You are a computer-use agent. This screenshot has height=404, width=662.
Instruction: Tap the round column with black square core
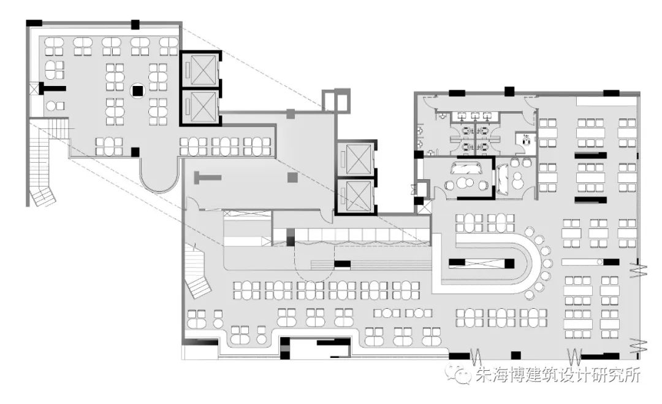(x=137, y=91)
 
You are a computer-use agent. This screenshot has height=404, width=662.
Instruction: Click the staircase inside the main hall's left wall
(x=198, y=270)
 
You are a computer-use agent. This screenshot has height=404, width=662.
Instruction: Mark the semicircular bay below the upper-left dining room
(x=159, y=175)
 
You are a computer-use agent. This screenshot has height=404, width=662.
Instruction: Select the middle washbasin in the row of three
(x=475, y=115)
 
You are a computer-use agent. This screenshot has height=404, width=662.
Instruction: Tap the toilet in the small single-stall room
(x=525, y=141)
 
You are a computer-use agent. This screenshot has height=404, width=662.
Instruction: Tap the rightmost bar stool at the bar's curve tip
(x=548, y=263)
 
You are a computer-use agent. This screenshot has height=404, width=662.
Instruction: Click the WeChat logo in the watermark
(x=455, y=374)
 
